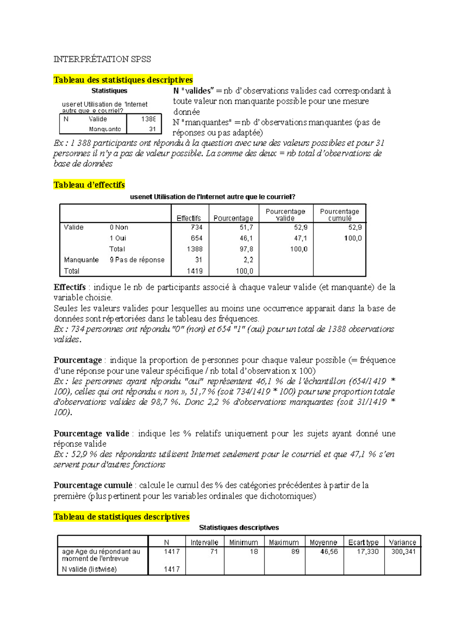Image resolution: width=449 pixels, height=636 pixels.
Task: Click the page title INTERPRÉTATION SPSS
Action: [102, 59]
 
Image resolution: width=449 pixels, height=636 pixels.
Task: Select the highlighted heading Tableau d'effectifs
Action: [89, 185]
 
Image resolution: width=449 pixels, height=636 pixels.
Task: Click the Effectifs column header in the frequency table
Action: [189, 218]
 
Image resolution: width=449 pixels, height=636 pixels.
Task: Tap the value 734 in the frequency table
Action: [196, 227]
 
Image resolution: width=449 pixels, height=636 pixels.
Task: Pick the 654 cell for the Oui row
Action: [196, 238]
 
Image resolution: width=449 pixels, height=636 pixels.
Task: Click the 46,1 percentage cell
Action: [246, 238]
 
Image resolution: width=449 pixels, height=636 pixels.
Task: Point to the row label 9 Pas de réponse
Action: [137, 260]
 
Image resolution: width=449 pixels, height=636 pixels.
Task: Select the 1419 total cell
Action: [195, 271]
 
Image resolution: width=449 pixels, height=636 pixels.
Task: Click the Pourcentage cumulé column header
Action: [339, 215]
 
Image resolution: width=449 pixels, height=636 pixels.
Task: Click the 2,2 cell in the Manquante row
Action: [248, 260]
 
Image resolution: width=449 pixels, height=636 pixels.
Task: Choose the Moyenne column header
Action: [323, 542]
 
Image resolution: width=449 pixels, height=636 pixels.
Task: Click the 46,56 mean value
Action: [329, 552]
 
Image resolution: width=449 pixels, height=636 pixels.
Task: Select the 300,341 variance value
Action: [403, 552]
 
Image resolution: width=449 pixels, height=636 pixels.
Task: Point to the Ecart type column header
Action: [363, 542]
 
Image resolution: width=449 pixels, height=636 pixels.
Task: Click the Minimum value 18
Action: [254, 552]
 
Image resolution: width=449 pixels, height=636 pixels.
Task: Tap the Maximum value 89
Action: [295, 552]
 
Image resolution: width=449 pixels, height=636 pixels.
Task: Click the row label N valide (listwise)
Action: [89, 569]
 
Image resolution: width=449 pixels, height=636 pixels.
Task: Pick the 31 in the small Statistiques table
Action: [152, 129]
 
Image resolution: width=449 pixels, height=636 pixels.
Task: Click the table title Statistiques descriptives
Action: [239, 528]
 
